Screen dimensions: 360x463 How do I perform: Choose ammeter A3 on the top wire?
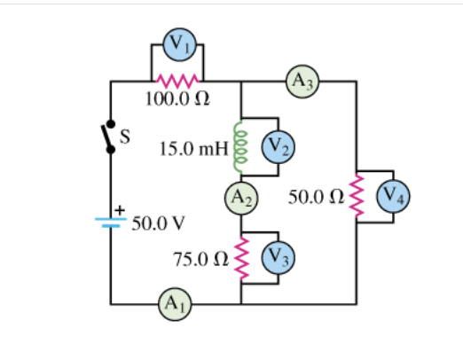(x=302, y=82)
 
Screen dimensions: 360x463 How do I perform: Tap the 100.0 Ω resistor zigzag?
(x=178, y=82)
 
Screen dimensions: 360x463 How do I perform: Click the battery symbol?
(x=111, y=221)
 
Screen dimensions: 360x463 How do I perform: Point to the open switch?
(x=110, y=137)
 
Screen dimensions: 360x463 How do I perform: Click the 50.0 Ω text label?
(x=316, y=197)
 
